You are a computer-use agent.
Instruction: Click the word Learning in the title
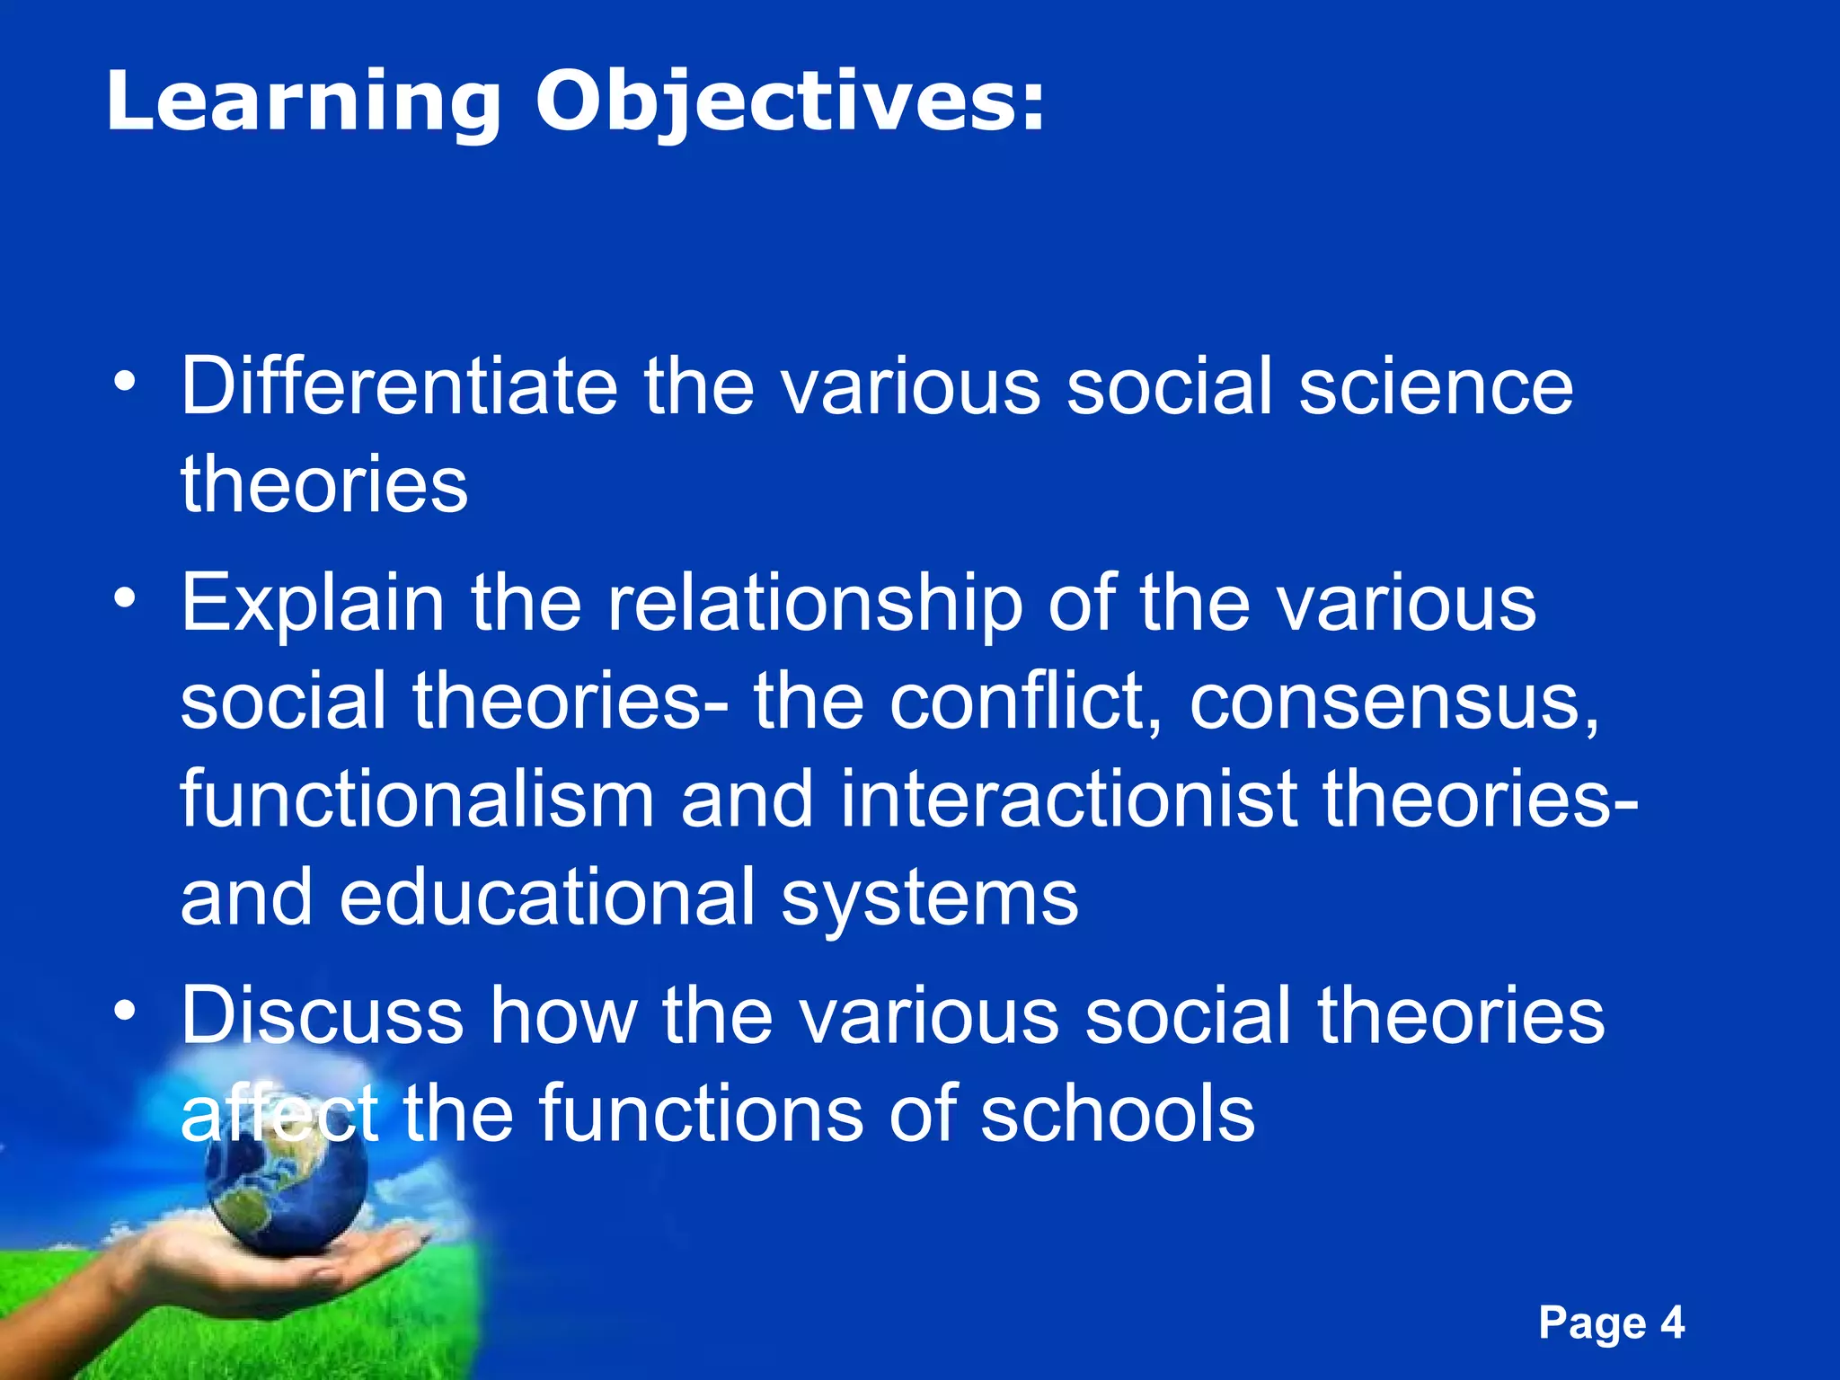pos(303,103)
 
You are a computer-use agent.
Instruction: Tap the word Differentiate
pos(399,386)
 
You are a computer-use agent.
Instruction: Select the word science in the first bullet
pos(1435,386)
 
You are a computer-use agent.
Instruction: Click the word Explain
pos(312,604)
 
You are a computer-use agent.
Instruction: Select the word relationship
pos(814,604)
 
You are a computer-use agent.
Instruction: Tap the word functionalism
pos(417,800)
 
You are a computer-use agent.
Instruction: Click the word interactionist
pos(1067,800)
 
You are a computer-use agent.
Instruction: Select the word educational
pos(547,898)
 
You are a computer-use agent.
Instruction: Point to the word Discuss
pos(322,1015)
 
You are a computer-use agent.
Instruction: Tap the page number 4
pos(1671,1322)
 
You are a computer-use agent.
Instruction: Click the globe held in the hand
pos(285,1177)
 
